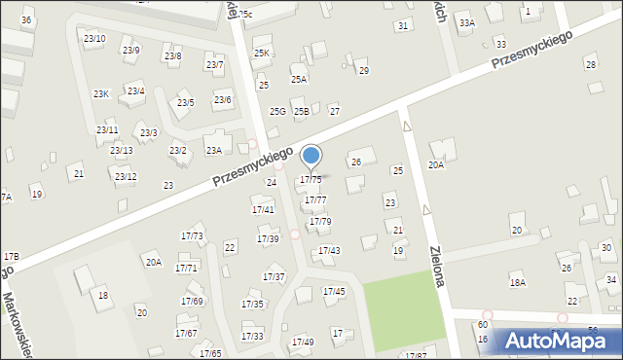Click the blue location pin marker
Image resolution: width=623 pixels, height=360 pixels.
point(311,157)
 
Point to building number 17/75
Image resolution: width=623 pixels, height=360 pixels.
point(311,180)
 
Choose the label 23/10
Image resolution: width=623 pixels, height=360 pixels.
point(94,38)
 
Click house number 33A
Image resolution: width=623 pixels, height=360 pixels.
point(467,22)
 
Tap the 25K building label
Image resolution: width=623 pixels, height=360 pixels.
point(261,53)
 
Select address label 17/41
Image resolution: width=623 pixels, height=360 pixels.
point(263,209)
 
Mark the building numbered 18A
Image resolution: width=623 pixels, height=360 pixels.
point(518,282)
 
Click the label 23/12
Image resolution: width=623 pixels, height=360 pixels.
point(125,176)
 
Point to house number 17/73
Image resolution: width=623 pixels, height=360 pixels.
point(192,236)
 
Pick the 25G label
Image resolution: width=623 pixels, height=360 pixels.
point(277,112)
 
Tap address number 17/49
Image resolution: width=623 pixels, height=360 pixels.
point(303,342)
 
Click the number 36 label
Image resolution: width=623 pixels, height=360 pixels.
point(26,19)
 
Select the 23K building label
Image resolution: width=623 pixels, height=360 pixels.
point(101,93)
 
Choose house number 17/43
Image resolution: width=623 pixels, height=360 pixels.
point(329,251)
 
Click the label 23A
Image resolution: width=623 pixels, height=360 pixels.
point(213,150)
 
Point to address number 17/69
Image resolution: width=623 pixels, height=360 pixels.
point(192,301)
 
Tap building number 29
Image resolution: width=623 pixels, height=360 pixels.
point(364,70)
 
